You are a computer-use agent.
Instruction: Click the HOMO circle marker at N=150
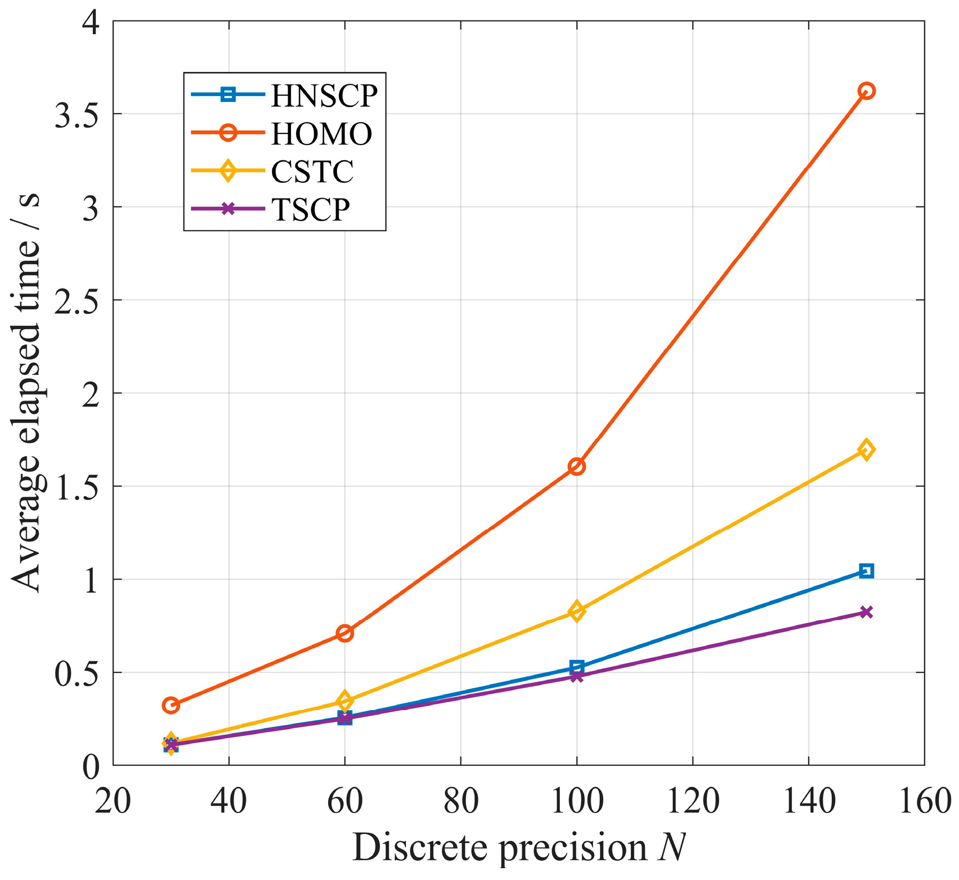tap(866, 91)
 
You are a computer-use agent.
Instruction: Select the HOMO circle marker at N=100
tap(576, 466)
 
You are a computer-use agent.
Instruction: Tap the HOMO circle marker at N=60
tap(344, 633)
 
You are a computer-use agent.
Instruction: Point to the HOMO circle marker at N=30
tap(171, 705)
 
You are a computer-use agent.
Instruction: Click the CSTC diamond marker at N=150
tap(866, 450)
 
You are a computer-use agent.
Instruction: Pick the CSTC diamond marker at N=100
tap(576, 610)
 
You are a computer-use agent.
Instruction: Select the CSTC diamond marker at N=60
tap(344, 701)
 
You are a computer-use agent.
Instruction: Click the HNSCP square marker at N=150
tap(866, 571)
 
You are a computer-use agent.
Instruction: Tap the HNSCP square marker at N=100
tap(576, 667)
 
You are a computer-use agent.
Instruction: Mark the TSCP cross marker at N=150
tap(866, 612)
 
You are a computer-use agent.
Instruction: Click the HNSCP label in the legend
tap(324, 96)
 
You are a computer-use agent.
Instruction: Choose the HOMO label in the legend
tap(321, 134)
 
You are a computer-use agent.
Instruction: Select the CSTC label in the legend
tap(312, 172)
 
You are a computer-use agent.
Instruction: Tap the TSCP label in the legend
tap(311, 210)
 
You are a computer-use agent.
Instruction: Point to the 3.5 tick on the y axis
tap(78, 114)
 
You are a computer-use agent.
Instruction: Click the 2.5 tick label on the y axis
tap(78, 300)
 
